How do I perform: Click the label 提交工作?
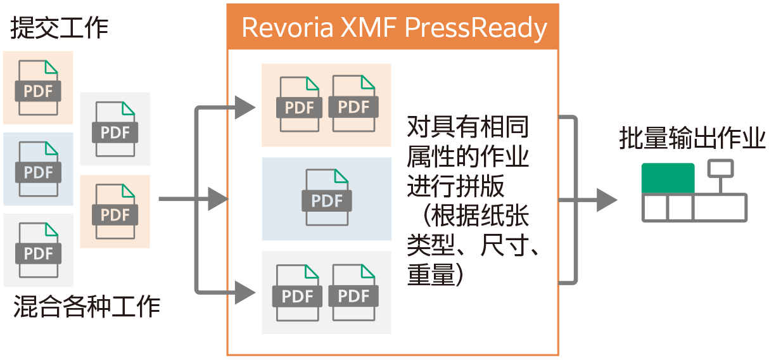(59, 29)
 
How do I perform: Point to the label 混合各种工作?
(87, 307)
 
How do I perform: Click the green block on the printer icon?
(668, 178)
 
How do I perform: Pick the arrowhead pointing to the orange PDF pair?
(244, 108)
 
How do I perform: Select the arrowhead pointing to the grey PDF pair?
(244, 293)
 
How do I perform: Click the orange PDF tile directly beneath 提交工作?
(38, 87)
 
